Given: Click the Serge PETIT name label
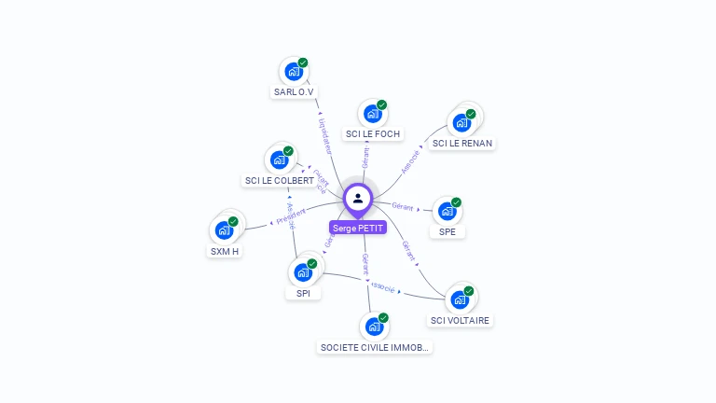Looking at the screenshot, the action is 357,228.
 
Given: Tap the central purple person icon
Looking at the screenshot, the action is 358,198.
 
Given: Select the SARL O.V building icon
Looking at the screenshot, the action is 294,72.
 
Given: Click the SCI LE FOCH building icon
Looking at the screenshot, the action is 372,114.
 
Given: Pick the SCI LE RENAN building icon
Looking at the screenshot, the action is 461,122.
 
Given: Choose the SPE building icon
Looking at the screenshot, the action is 447,212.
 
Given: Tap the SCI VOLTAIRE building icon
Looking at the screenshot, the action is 460,299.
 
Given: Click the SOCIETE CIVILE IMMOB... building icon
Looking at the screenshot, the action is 374,327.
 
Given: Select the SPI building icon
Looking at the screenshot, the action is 302,272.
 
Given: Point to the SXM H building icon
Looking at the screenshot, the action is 224,230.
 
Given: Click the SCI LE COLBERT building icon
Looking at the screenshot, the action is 279,160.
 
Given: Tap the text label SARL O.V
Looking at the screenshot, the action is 294,92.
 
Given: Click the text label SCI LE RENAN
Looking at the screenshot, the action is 462,144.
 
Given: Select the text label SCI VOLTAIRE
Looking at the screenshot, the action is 460,321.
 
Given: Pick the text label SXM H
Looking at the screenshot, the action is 225,251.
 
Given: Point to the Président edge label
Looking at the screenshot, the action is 291,220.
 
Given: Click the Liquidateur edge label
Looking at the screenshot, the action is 324,135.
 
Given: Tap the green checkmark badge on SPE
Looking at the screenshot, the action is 457,202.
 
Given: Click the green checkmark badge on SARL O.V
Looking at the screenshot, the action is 303,63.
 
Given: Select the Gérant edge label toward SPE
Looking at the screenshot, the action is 403,205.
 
